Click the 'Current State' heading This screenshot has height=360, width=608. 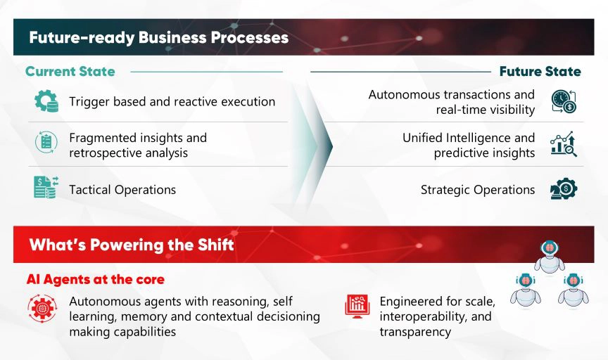pos(70,71)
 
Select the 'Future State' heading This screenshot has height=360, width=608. pos(540,71)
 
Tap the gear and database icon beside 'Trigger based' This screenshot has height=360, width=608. pos(46,101)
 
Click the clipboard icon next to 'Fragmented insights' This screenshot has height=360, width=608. pos(46,142)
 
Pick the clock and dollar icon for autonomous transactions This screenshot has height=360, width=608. pos(564,101)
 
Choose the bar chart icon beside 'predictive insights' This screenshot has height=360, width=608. pos(564,144)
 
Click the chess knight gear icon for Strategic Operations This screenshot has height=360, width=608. pos(564,188)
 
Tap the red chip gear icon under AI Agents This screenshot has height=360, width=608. pos(42,309)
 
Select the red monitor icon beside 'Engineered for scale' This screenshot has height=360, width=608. pos(357,306)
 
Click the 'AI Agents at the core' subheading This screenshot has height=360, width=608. pos(96,279)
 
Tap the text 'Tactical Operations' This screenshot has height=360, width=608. pos(122,190)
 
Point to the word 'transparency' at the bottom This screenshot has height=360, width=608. pos(415,332)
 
